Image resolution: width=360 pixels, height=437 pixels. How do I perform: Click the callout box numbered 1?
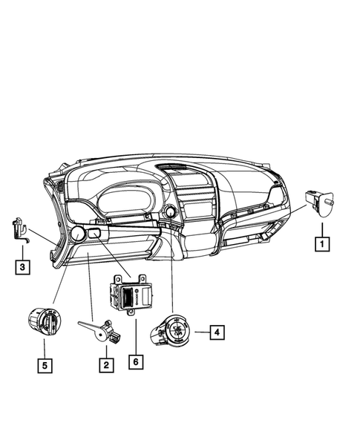point(321,242)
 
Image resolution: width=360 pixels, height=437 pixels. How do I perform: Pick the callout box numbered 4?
point(216,333)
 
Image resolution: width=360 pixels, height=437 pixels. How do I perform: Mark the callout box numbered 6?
point(134,361)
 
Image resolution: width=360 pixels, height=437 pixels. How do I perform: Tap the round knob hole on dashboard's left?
point(76,236)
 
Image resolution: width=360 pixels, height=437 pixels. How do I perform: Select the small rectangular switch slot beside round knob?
point(94,234)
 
